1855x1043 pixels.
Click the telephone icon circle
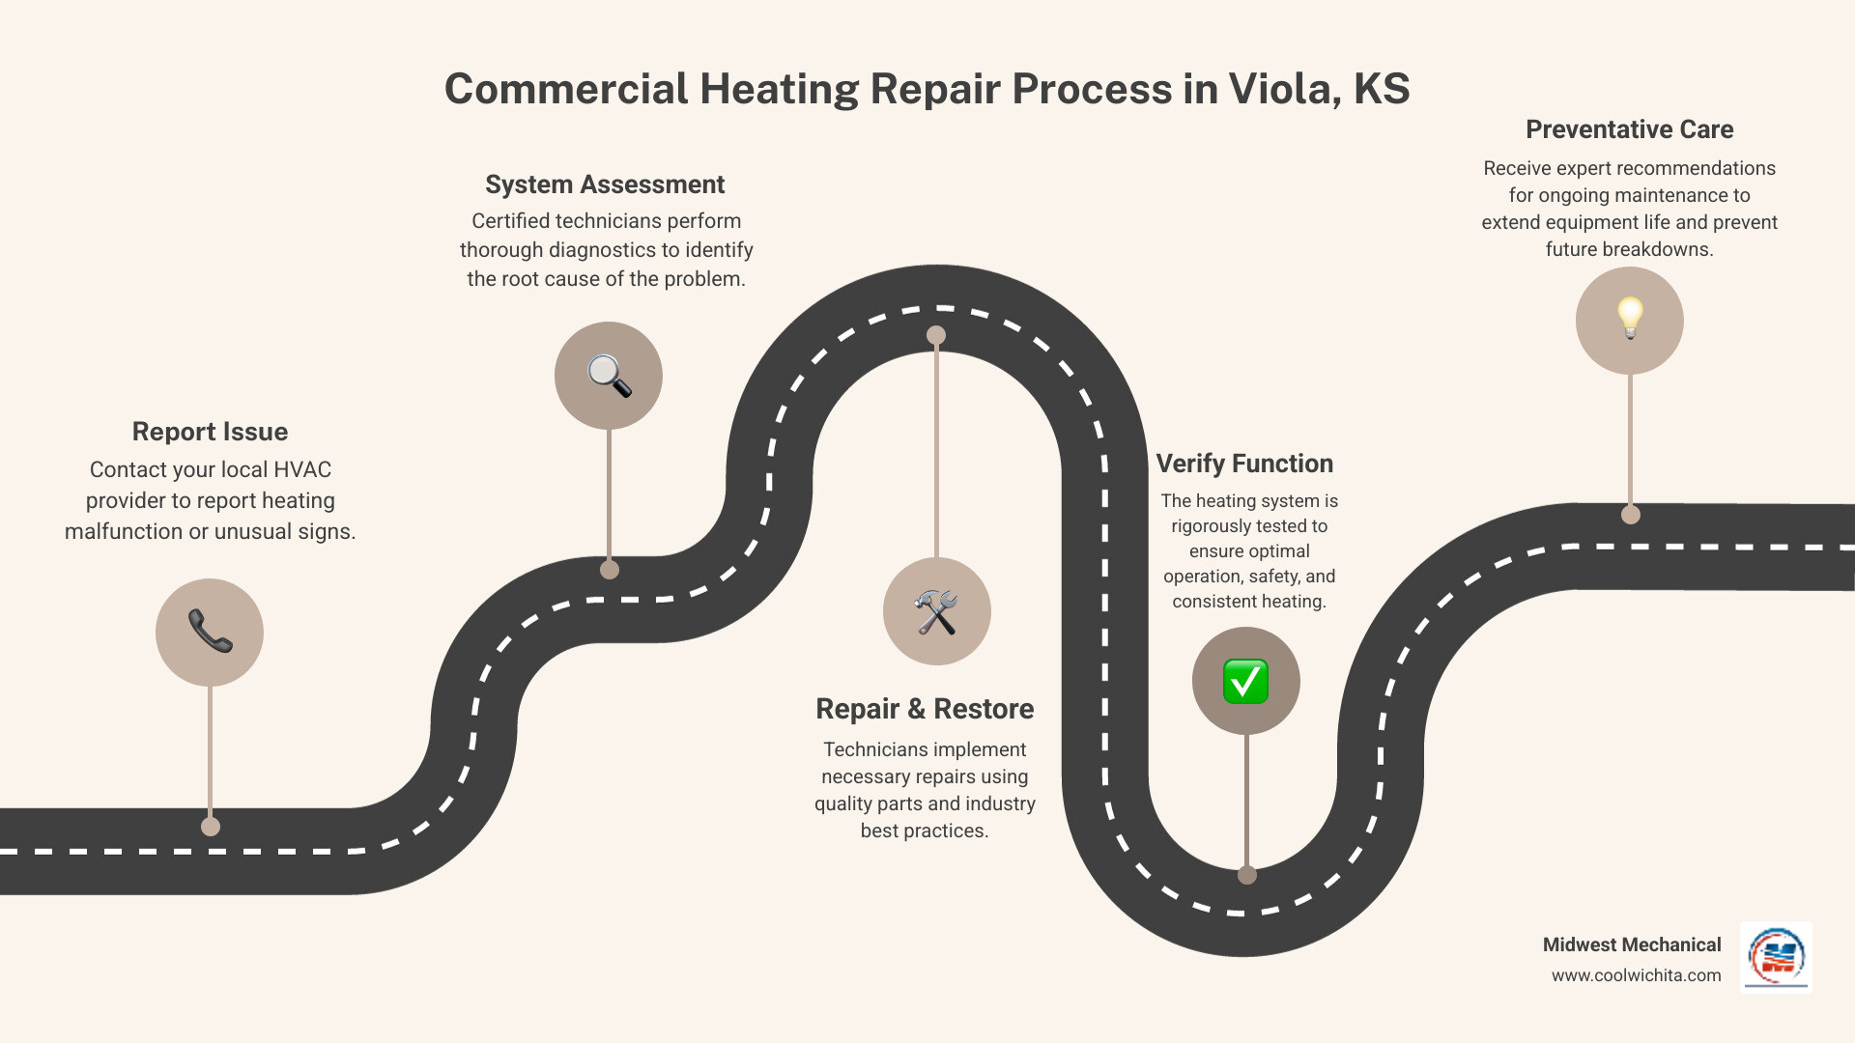point(210,633)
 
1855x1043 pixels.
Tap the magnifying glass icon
point(609,376)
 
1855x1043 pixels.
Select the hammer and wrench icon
point(936,611)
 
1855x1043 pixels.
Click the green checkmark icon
point(1245,681)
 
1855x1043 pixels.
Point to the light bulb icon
point(1630,320)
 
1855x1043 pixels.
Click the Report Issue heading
point(210,432)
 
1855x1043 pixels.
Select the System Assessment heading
point(605,184)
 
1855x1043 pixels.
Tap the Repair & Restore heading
point(925,709)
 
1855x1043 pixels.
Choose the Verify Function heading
point(1244,464)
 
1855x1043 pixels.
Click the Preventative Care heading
point(1629,129)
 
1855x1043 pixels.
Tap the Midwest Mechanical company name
point(1631,944)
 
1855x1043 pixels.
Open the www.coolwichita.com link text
point(1636,975)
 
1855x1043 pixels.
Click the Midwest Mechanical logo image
point(1776,957)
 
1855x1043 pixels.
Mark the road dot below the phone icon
point(211,827)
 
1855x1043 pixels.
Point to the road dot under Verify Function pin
point(1247,875)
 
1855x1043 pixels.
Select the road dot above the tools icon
point(936,335)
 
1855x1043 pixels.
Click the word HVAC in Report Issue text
point(302,469)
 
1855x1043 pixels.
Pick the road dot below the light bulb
point(1631,515)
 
